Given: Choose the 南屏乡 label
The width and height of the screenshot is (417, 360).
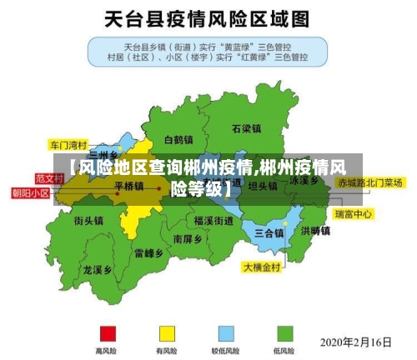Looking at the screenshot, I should tap(188, 238).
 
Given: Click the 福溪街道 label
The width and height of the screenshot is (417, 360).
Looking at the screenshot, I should tap(214, 221).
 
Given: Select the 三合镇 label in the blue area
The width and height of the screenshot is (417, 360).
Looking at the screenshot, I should tap(269, 232).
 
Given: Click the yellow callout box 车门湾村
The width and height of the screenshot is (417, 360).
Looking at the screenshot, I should tap(68, 143).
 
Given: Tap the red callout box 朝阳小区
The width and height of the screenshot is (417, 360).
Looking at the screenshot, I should tap(30, 192).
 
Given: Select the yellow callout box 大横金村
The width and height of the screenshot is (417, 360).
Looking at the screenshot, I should tap(263, 268).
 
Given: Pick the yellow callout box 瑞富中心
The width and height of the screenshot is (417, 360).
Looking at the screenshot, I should tap(353, 214).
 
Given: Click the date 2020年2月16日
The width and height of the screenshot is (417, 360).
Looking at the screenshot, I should tap(356, 342).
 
